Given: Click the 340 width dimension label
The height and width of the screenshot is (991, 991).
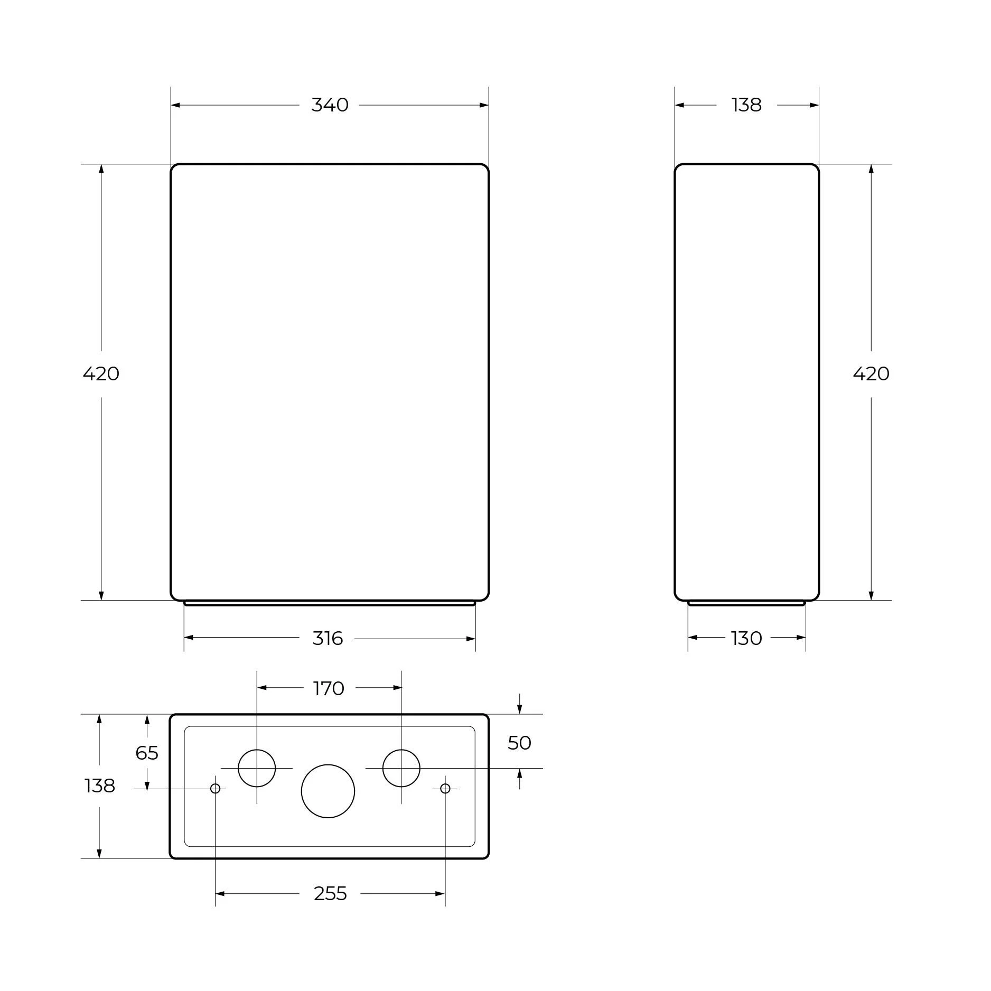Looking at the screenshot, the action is (x=330, y=105).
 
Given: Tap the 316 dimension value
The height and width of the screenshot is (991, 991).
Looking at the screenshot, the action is (x=328, y=639).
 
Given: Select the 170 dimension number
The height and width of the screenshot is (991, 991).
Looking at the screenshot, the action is (x=329, y=688).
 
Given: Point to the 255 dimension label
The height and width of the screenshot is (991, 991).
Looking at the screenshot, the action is (x=330, y=894).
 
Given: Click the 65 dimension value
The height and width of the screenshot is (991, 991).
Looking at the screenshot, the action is (x=147, y=753).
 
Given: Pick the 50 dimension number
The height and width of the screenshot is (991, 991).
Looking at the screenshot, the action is (x=519, y=743).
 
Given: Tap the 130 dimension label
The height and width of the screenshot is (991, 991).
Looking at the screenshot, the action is (x=746, y=639).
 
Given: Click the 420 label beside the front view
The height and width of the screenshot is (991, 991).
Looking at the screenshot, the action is (x=101, y=374).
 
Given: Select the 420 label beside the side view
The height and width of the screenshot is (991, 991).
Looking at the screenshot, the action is (x=871, y=374).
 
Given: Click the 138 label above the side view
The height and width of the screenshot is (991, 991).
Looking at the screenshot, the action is (x=746, y=105).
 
